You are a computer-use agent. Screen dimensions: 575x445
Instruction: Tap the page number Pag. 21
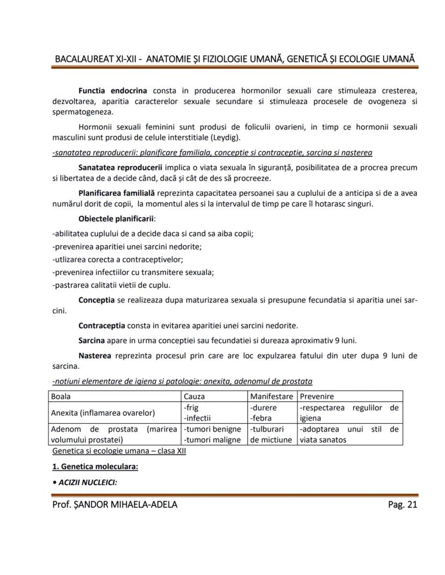[x=402, y=504]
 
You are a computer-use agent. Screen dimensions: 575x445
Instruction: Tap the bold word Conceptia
[x=96, y=300]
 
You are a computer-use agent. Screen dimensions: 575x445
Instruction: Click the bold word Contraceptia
[x=102, y=325]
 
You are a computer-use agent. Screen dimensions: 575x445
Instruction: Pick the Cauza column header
[x=194, y=396]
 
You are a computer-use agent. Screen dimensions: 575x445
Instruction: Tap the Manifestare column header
[x=271, y=396]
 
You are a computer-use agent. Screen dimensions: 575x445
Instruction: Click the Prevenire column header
[x=317, y=396]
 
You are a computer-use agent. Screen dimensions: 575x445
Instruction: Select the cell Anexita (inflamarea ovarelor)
[x=102, y=413]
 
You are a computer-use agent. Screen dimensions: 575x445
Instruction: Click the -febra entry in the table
[x=261, y=418]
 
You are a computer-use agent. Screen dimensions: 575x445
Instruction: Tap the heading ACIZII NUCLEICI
[x=87, y=482]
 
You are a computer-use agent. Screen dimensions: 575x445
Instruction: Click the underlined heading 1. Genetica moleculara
[x=95, y=467]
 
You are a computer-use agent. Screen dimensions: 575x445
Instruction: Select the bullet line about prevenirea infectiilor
[x=133, y=272]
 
